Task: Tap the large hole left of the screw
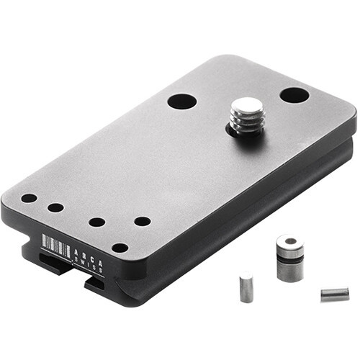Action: click(182, 101)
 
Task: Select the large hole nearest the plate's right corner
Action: click(294, 95)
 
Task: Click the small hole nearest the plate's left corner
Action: click(29, 198)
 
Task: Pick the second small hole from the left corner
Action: click(55, 207)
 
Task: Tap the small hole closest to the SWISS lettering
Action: click(120, 248)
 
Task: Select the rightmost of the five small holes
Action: click(143, 221)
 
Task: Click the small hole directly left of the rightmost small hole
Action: click(96, 222)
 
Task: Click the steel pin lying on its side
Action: click(335, 293)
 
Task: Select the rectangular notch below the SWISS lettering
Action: click(97, 283)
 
